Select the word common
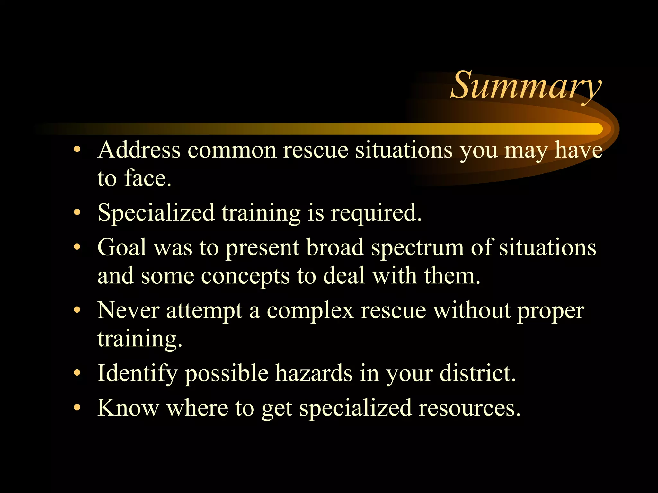(x=232, y=150)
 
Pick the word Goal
(x=122, y=247)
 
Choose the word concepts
(x=245, y=276)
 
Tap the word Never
(x=128, y=311)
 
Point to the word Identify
(x=138, y=374)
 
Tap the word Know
(x=128, y=408)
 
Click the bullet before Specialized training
(x=77, y=212)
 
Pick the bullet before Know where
(x=77, y=408)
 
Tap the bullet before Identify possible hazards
(x=77, y=373)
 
